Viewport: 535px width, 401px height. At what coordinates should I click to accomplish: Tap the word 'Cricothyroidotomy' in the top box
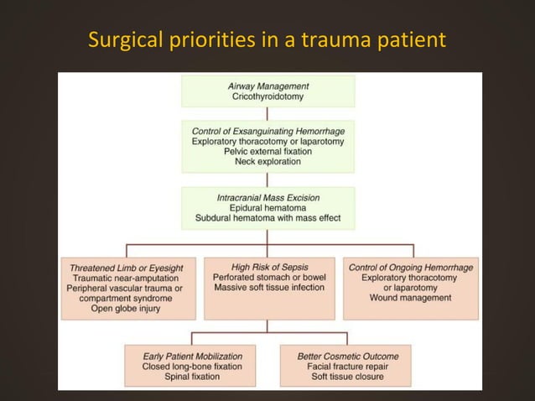(x=268, y=97)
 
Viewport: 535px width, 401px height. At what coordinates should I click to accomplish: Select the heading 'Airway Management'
(x=268, y=86)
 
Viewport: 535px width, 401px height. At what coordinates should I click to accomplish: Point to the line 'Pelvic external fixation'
(x=268, y=152)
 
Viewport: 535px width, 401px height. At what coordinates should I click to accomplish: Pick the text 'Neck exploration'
(x=268, y=162)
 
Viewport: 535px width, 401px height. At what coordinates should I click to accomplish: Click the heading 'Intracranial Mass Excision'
(x=268, y=197)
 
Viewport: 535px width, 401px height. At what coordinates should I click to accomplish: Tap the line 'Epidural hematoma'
(x=268, y=208)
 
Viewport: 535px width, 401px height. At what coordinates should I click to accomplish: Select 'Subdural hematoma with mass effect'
(x=268, y=219)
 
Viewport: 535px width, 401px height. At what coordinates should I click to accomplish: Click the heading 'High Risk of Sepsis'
(x=267, y=267)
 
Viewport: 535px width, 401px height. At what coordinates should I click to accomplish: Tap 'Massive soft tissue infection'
(x=267, y=288)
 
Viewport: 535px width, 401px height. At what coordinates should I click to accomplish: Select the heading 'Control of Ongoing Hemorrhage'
(x=411, y=267)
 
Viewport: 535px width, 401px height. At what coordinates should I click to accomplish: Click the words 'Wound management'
(x=411, y=298)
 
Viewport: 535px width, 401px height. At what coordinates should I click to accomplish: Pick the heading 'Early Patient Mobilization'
(x=192, y=356)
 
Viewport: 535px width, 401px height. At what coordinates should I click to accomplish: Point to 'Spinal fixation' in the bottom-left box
(x=192, y=377)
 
